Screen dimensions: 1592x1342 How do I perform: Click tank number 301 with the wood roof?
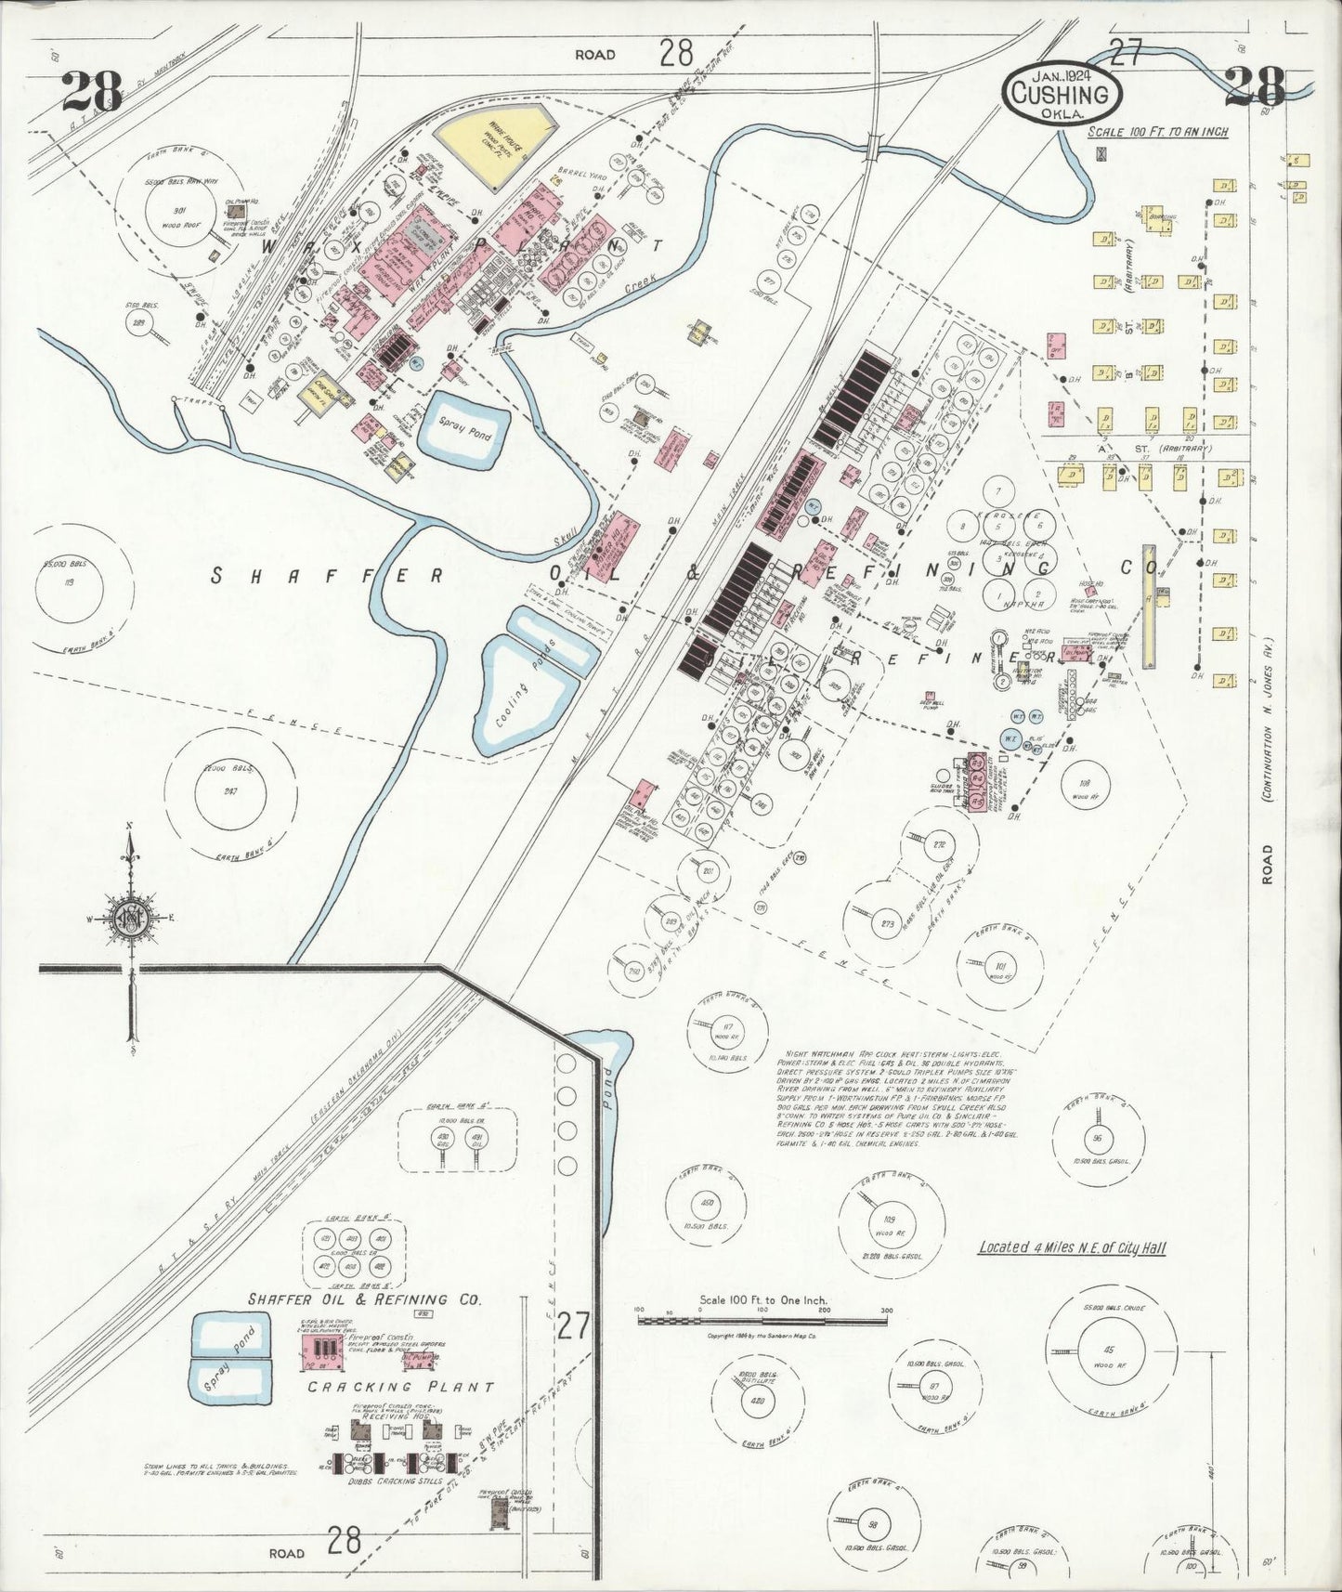179,210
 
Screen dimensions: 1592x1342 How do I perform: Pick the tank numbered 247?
231,791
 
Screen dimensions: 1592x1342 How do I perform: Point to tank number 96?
1098,1139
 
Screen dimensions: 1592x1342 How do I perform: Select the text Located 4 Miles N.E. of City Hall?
1072,1248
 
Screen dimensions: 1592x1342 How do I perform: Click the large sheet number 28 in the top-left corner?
93,91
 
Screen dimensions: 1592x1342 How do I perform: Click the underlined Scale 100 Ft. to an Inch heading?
1158,132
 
